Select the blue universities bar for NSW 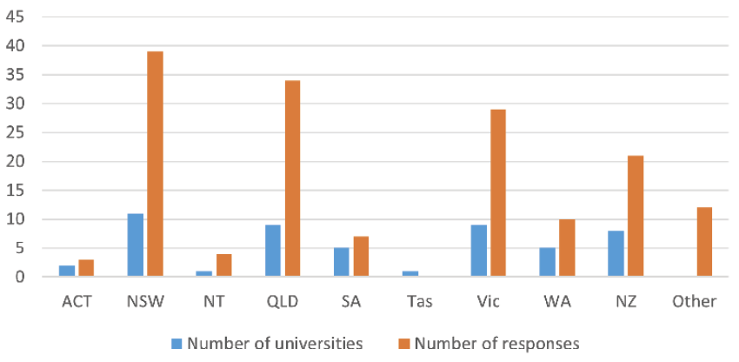[x=135, y=245]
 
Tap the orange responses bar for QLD [x=292, y=178]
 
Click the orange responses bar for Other [x=704, y=242]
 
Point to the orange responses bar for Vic [x=497, y=193]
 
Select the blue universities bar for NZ [x=616, y=254]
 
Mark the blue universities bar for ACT [x=67, y=271]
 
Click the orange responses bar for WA [x=567, y=248]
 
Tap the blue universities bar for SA [x=342, y=263]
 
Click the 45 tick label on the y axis [x=16, y=17]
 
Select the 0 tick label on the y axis [x=20, y=278]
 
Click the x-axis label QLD [x=283, y=302]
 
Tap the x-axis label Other [x=695, y=302]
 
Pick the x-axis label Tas [x=420, y=302]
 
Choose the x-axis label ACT [x=77, y=302]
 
